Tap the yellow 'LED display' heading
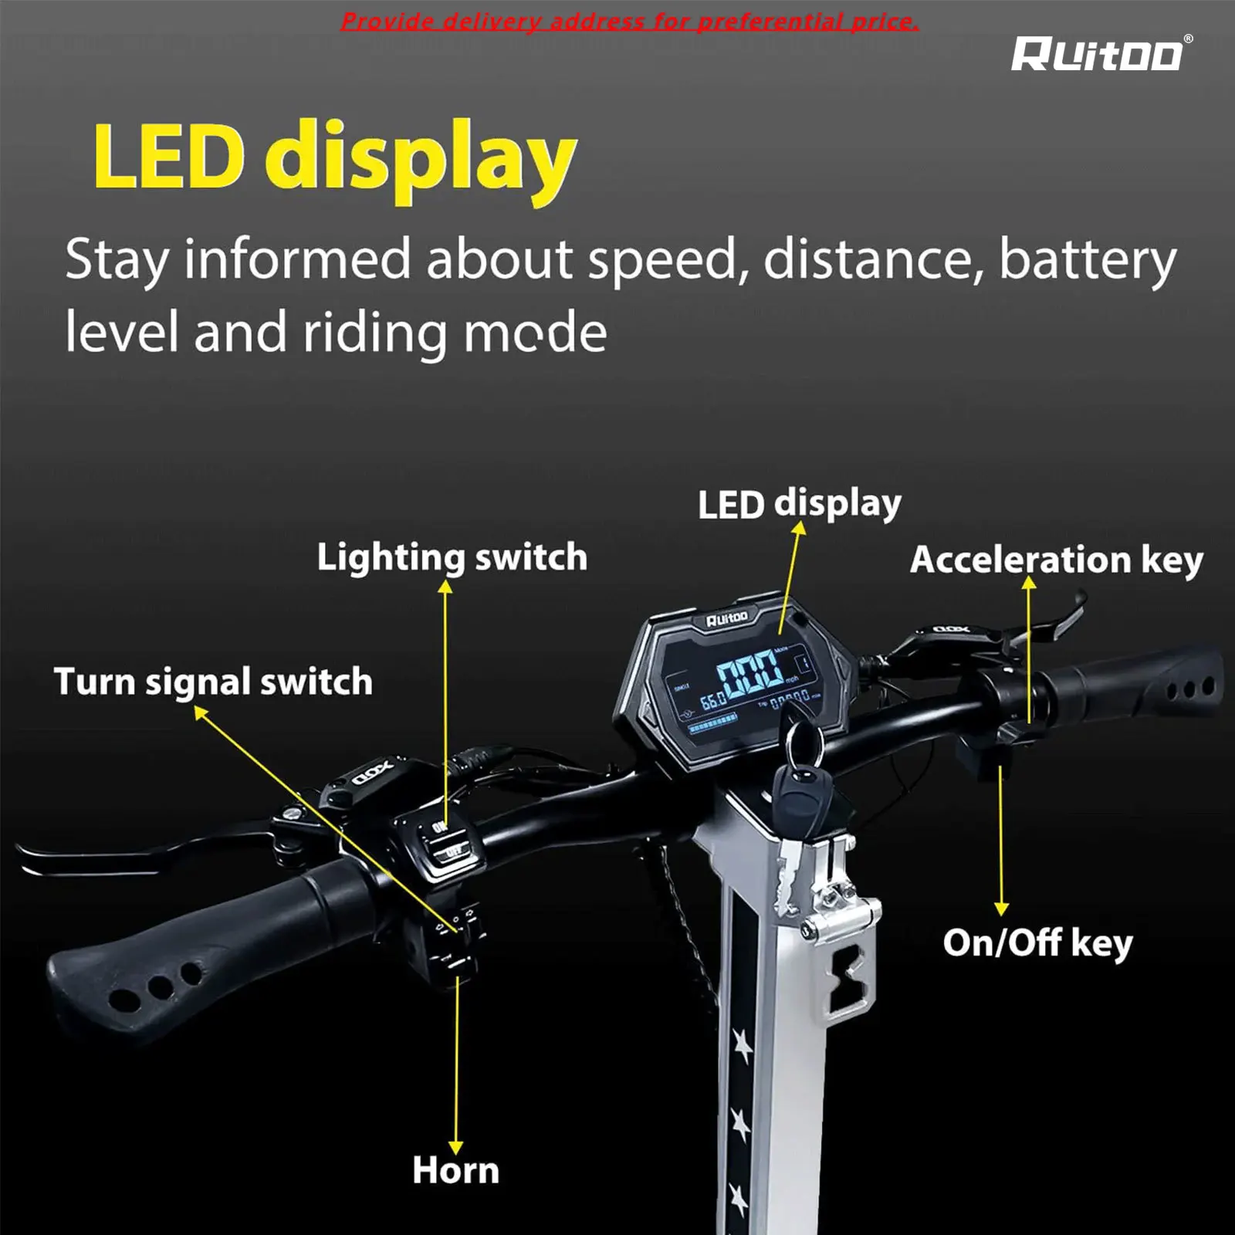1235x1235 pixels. point(334,158)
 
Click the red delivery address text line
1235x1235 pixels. point(629,22)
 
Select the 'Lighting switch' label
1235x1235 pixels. point(452,557)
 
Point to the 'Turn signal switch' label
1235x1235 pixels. point(213,682)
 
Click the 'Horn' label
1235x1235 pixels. point(455,1170)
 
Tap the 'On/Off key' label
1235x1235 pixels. point(1037,942)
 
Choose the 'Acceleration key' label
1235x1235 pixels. point(1056,560)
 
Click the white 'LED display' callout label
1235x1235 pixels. point(799,505)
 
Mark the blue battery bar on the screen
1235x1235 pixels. point(712,724)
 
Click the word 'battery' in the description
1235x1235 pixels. point(1088,260)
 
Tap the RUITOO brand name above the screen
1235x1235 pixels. point(726,617)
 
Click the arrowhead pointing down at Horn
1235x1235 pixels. point(456,1147)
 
